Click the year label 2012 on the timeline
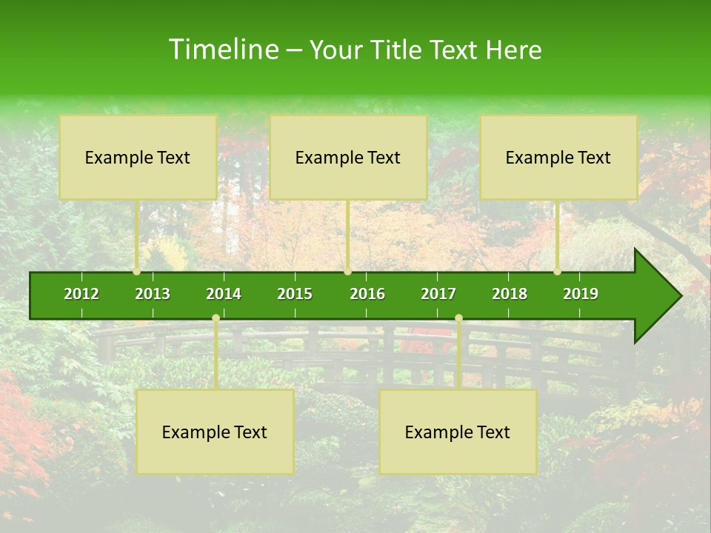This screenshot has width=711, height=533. pyautogui.click(x=81, y=294)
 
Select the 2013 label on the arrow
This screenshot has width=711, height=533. pyautogui.click(x=153, y=294)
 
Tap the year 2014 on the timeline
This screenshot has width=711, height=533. pyautogui.click(x=224, y=294)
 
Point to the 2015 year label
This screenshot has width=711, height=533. pyautogui.click(x=295, y=294)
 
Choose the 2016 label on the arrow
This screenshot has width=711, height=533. pyautogui.click(x=367, y=294)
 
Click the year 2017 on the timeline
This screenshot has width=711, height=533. pyautogui.click(x=438, y=294)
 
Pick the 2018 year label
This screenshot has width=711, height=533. pyautogui.click(x=510, y=294)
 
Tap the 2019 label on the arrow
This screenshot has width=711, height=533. pyautogui.click(x=581, y=294)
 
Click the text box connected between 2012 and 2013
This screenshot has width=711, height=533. pyautogui.click(x=138, y=157)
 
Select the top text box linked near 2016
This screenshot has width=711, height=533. pyautogui.click(x=348, y=157)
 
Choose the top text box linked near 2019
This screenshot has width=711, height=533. pyautogui.click(x=558, y=157)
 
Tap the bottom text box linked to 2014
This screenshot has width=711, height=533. pyautogui.click(x=215, y=432)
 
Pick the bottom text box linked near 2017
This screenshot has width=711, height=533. pyautogui.click(x=458, y=432)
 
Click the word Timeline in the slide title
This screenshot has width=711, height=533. pyautogui.click(x=223, y=50)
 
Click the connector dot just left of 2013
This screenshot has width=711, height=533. pyautogui.click(x=137, y=272)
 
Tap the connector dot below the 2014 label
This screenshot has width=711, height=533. pyautogui.click(x=216, y=318)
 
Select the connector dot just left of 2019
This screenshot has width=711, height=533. pyautogui.click(x=558, y=272)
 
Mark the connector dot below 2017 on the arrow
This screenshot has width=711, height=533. pyautogui.click(x=458, y=318)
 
